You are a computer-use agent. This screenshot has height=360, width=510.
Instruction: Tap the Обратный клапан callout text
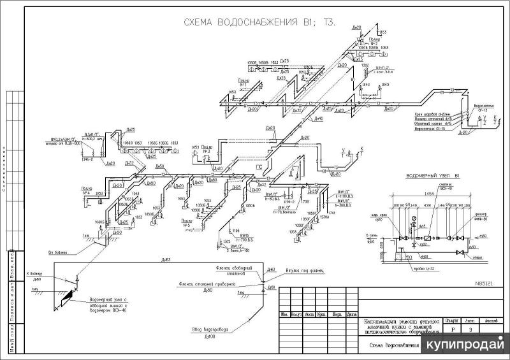tap(431, 124)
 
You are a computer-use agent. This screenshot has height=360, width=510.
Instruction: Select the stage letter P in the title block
tap(453, 329)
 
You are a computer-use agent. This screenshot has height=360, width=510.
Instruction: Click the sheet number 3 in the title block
tap(470, 329)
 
